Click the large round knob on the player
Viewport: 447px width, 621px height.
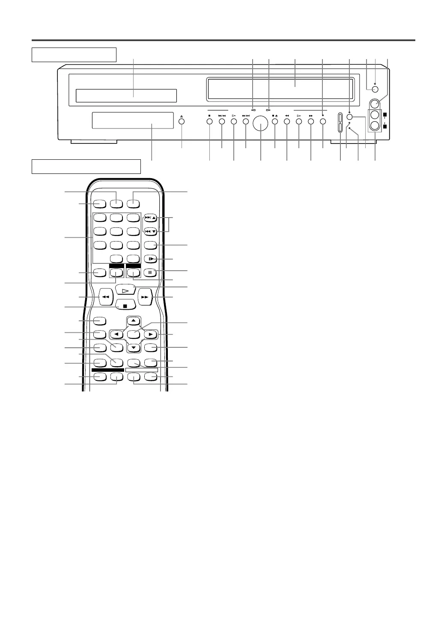(261, 124)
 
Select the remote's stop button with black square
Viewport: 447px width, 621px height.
(125, 306)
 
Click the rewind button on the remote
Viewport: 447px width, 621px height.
(105, 296)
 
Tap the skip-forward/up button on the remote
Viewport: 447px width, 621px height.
(150, 218)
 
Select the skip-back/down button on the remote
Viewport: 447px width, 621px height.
(150, 231)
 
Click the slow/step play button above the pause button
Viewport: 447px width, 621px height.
(150, 259)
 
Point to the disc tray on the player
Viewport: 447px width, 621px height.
(126, 96)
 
